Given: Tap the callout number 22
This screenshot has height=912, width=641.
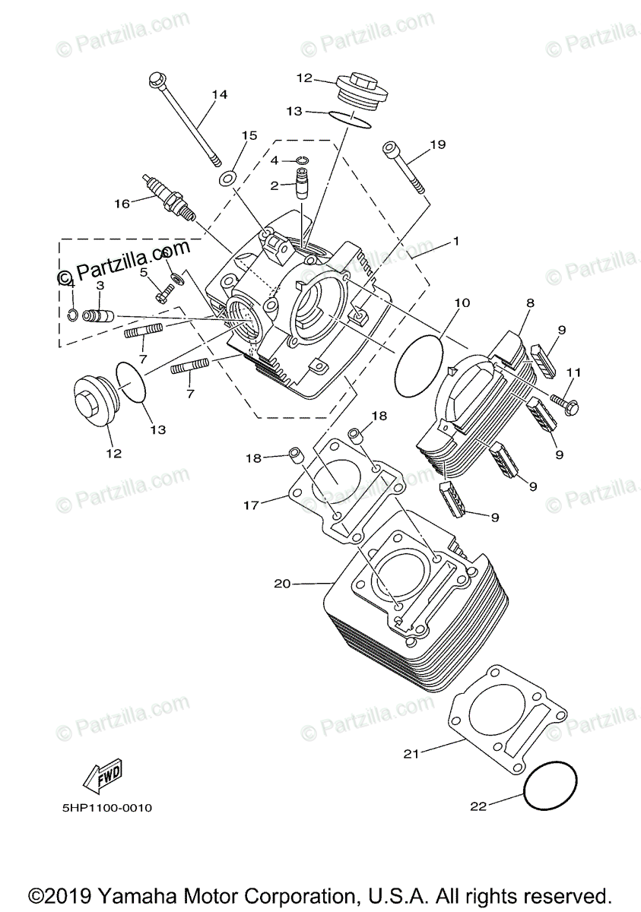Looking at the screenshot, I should coord(478,806).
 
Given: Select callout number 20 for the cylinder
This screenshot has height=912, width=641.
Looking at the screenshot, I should coord(283,584).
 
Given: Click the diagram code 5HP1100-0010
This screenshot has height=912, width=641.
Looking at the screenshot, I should coord(107,809).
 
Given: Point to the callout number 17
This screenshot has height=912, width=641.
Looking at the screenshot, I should coord(252,504).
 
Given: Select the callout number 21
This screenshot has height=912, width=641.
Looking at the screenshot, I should coord(411,754).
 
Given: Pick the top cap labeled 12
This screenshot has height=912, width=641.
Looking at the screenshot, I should coord(362,87).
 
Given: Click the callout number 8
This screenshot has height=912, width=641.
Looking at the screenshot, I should coord(530,302).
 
